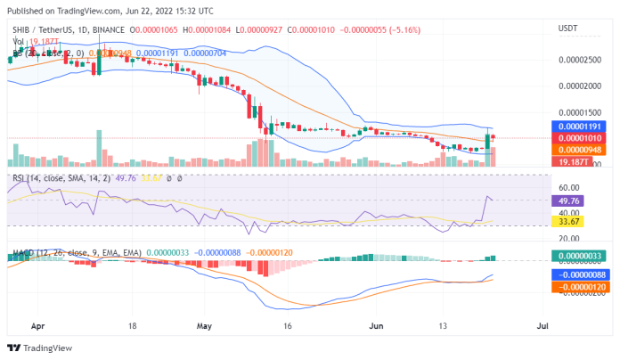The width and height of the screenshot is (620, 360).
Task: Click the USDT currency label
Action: (567, 29)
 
